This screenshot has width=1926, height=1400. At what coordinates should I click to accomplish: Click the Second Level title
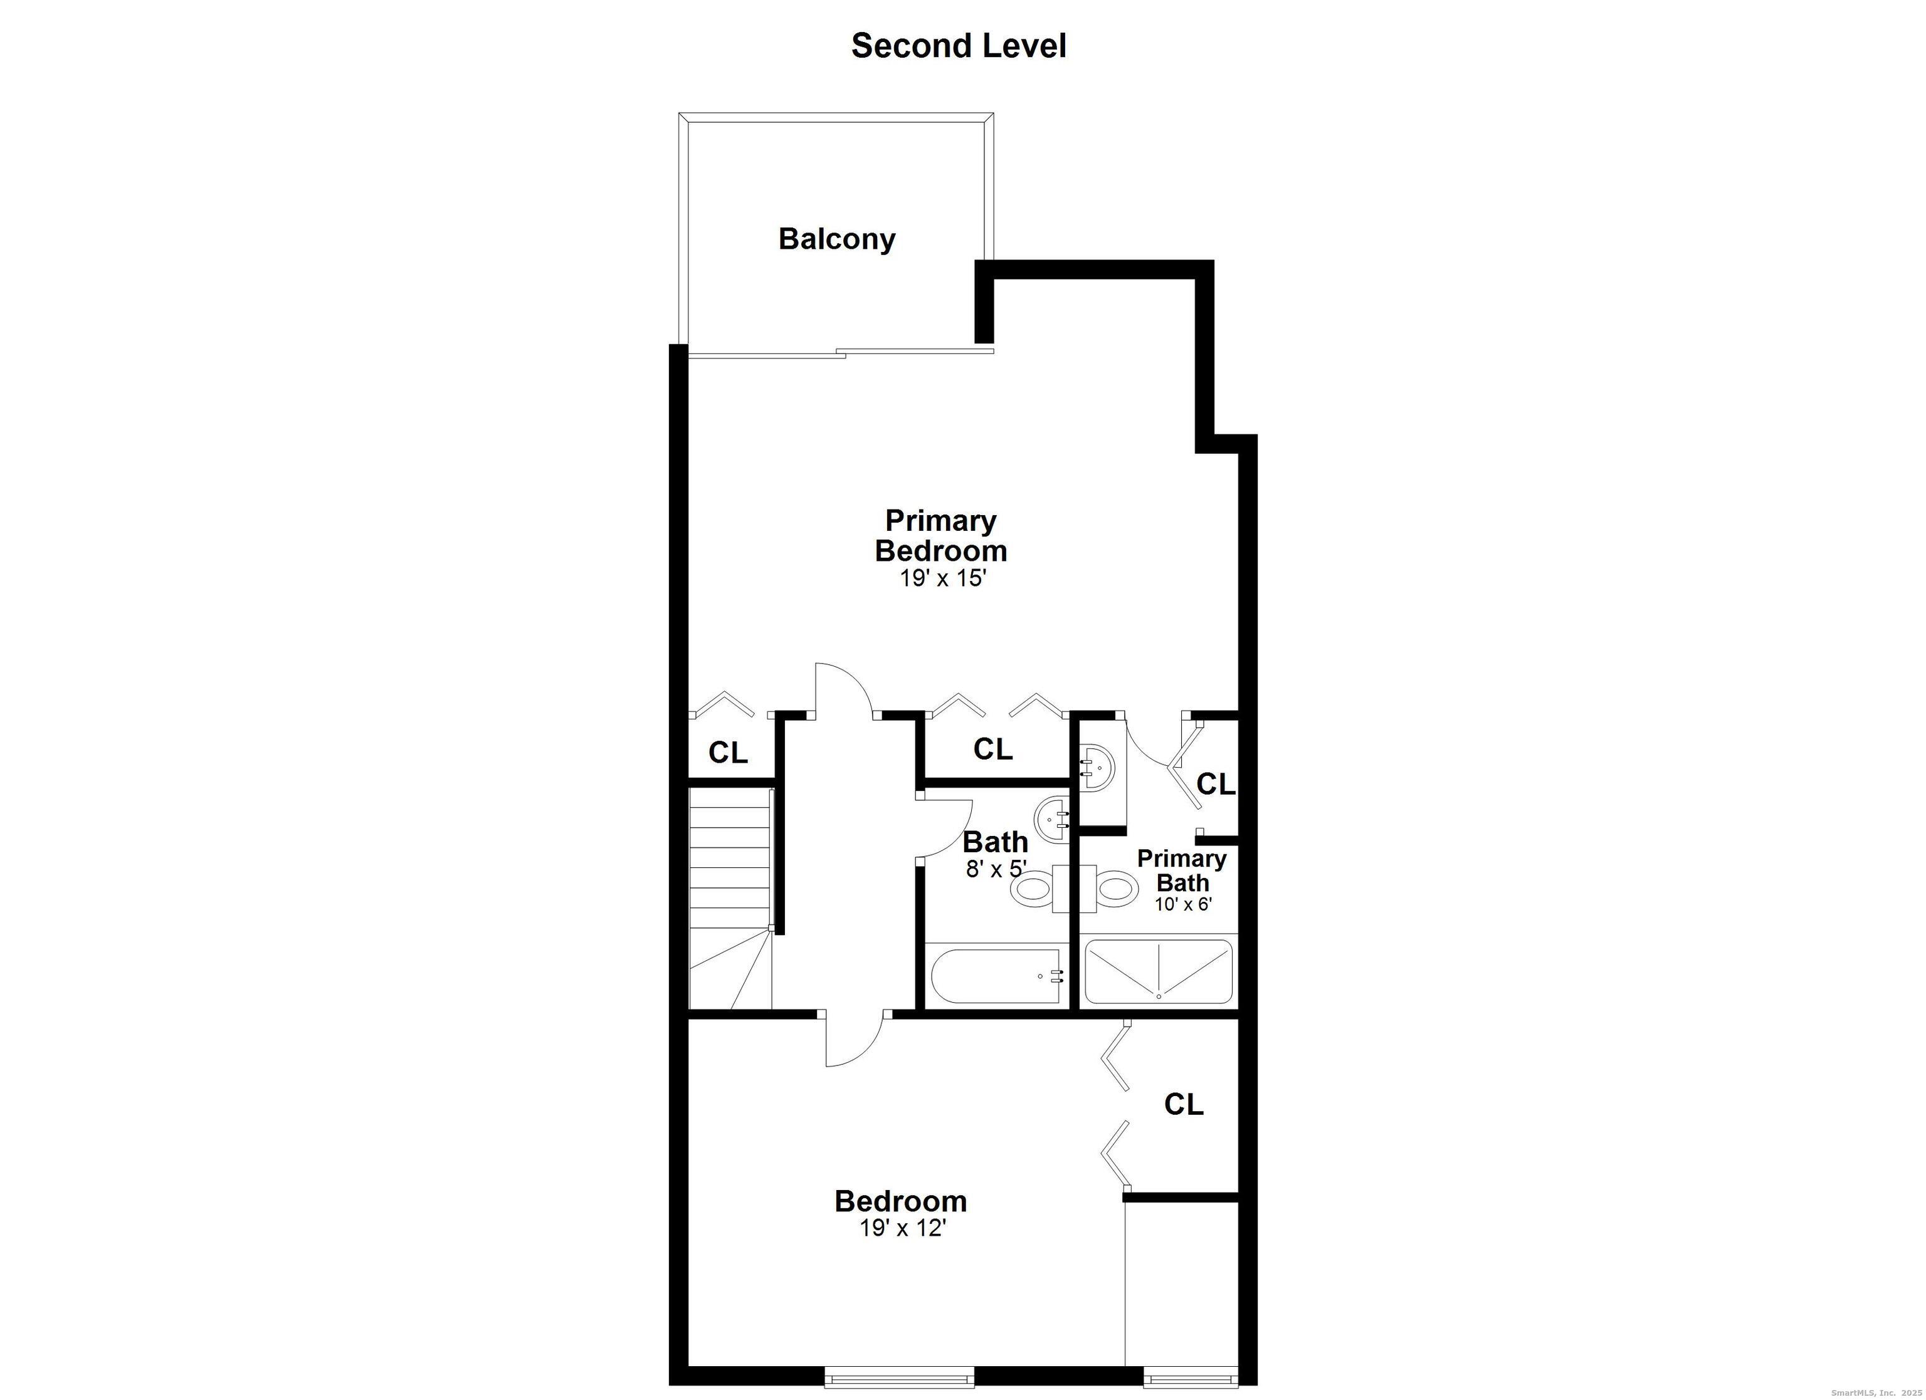pyautogui.click(x=958, y=46)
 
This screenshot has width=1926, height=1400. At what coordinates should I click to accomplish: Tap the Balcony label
pyautogui.click(x=836, y=239)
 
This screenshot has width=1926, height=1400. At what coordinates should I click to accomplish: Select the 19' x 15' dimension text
pyautogui.click(x=942, y=579)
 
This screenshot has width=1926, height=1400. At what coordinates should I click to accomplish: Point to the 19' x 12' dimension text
pyautogui.click(x=902, y=1228)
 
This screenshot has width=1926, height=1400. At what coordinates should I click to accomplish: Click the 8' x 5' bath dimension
pyautogui.click(x=996, y=869)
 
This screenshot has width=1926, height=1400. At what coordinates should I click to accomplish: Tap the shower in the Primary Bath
pyautogui.click(x=1159, y=971)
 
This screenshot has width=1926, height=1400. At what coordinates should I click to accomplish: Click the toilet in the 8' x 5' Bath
pyautogui.click(x=1034, y=889)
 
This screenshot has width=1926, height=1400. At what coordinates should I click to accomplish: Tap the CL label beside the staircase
pyautogui.click(x=728, y=752)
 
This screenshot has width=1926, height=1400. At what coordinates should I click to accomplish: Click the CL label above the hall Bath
pyautogui.click(x=992, y=749)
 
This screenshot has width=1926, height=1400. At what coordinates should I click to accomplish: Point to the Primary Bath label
pyautogui.click(x=1181, y=870)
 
